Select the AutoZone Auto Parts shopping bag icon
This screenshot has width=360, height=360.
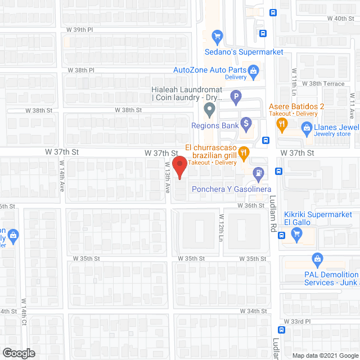point(254,70)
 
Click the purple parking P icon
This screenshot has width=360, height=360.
point(237,97)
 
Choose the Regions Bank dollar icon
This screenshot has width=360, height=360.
point(246,123)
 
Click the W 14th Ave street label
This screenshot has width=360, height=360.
point(62,177)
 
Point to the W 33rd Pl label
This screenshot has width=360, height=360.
point(298,321)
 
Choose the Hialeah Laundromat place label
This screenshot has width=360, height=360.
point(184,93)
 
